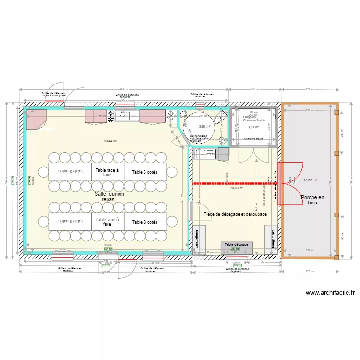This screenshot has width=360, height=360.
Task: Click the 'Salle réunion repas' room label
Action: [x=109, y=197]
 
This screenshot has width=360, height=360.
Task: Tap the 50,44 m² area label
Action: [x=111, y=141]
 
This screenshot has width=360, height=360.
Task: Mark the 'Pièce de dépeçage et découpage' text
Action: [x=235, y=214]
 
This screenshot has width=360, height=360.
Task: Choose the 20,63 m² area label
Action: [x=237, y=189]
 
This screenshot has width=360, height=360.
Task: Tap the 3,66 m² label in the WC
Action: [x=205, y=127]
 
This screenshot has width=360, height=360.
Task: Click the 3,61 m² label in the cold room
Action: [x=253, y=127]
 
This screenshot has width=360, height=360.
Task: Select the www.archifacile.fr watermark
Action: [x=330, y=293]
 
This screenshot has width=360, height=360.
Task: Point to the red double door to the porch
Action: [x=290, y=183]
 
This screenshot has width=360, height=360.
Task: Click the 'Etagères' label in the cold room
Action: [x=249, y=117]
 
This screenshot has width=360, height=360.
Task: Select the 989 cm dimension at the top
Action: [x=124, y=89]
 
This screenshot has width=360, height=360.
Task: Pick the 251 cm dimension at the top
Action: [x=255, y=89]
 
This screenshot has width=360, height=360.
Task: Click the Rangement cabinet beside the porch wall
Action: [x=272, y=237]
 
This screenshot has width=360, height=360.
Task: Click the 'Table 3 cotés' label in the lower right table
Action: [x=144, y=222]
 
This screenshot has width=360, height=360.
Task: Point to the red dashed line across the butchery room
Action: [x=230, y=183]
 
